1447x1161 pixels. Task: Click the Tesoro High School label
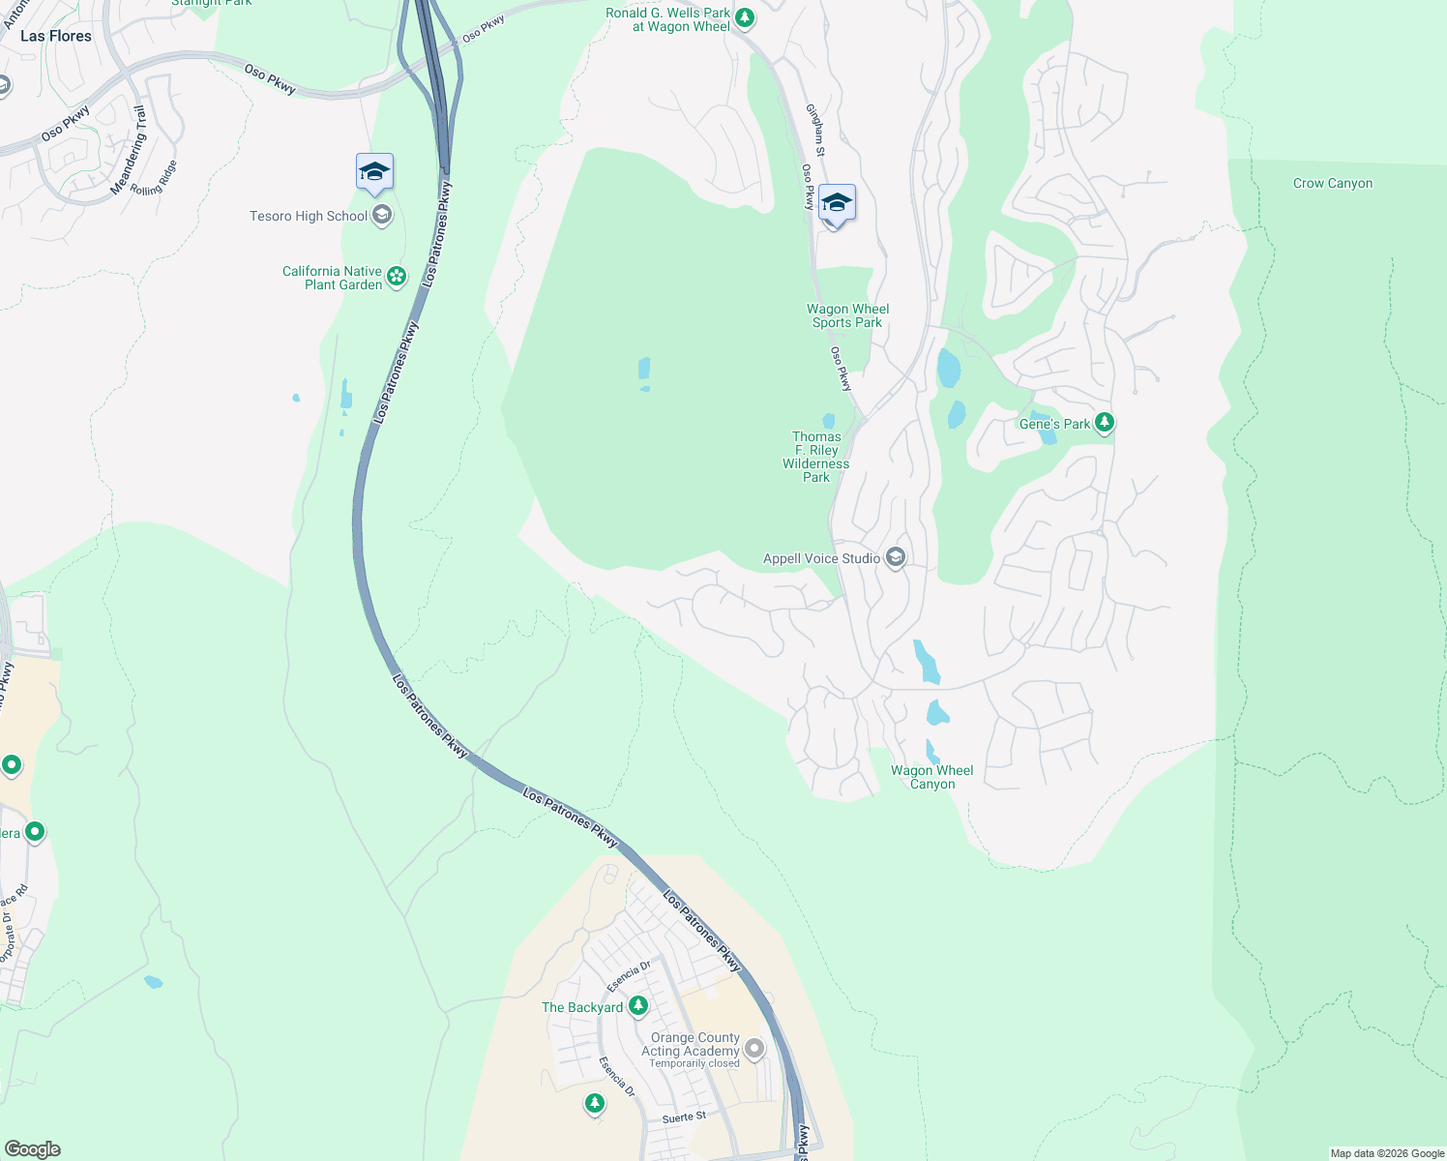point(309,216)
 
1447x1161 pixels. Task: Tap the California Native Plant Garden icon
point(397,278)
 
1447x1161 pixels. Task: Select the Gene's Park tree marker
point(1105,423)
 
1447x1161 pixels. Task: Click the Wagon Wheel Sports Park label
point(847,316)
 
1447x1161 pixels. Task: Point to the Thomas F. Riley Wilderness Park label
point(816,457)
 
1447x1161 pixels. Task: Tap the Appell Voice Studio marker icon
point(896,558)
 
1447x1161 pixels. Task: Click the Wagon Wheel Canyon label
point(932,778)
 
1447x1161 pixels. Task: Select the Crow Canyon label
point(1332,184)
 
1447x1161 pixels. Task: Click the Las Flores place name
point(56,36)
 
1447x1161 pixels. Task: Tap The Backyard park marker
point(638,1006)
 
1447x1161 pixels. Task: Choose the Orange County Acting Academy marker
point(754,1049)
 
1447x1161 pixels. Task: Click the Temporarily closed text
point(694,1064)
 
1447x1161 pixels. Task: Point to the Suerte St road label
point(684,1117)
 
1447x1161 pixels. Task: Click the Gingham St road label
point(816,132)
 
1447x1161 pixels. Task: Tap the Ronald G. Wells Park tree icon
point(744,17)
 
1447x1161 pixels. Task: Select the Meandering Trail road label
point(129,150)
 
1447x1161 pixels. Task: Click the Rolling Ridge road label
point(155,178)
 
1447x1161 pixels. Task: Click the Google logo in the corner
point(32,1149)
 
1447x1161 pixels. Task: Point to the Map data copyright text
point(1387,1153)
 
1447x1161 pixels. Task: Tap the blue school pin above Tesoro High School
point(374,173)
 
